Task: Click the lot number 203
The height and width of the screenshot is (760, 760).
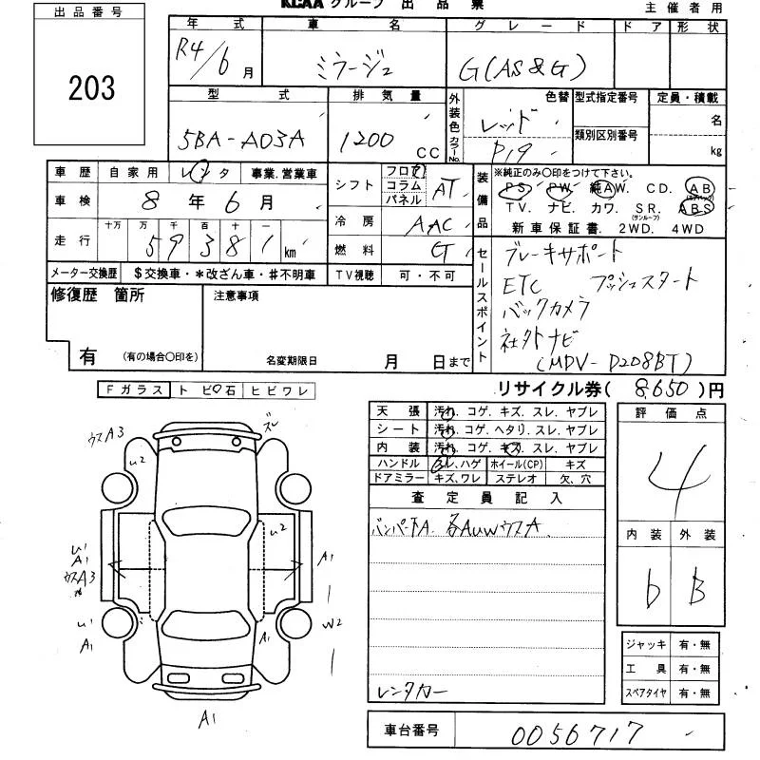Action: (x=92, y=88)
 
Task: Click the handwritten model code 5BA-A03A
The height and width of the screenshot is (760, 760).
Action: (x=242, y=140)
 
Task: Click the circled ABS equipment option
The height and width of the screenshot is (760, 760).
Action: (x=697, y=205)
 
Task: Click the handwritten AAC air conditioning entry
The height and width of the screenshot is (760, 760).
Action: (x=428, y=225)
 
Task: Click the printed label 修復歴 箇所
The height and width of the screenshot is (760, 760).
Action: (x=98, y=295)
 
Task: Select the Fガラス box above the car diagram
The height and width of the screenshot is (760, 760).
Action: (x=134, y=389)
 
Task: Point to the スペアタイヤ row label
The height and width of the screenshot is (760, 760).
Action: (x=647, y=693)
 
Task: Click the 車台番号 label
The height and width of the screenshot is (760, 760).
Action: (x=411, y=731)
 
